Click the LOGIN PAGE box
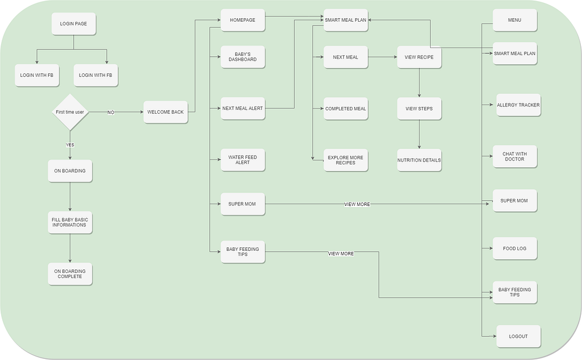(x=73, y=24)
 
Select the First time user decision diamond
(x=70, y=113)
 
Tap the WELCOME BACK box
(x=165, y=112)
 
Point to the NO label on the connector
(x=111, y=113)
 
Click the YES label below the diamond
(x=70, y=145)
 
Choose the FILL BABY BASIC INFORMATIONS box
(x=70, y=222)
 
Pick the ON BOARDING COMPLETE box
(x=70, y=274)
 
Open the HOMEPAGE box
(x=243, y=20)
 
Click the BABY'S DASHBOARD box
(x=243, y=57)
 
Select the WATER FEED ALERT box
(x=243, y=160)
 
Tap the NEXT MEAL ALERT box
(x=243, y=108)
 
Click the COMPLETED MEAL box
(x=346, y=109)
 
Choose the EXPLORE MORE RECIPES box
(x=346, y=160)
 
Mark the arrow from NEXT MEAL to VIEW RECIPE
(x=382, y=57)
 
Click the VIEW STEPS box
(x=419, y=109)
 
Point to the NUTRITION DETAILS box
(x=419, y=160)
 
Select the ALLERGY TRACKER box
(x=518, y=105)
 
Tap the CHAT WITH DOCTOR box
(x=515, y=156)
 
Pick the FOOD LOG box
(x=515, y=249)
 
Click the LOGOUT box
(x=518, y=336)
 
